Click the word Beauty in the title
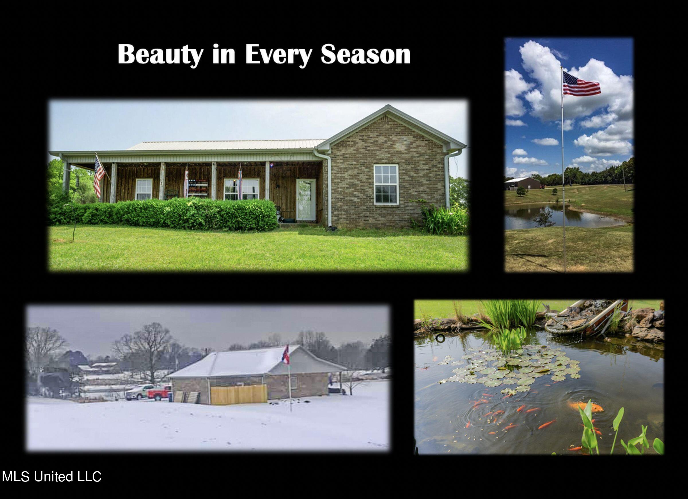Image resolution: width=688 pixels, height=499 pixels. pos(161,55)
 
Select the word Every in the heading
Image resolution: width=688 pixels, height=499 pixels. pos(278,55)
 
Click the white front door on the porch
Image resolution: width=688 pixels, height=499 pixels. pos(306,199)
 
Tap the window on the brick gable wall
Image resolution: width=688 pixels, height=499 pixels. pos(386,184)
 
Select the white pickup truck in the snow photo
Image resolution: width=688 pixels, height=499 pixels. pos(139,391)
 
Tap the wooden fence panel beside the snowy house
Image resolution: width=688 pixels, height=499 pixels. pos(239,395)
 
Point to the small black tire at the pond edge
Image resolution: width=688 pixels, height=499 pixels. pos(440,338)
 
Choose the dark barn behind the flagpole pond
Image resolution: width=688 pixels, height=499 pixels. pos(522,184)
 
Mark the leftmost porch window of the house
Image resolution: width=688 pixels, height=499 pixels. pos(144,189)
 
